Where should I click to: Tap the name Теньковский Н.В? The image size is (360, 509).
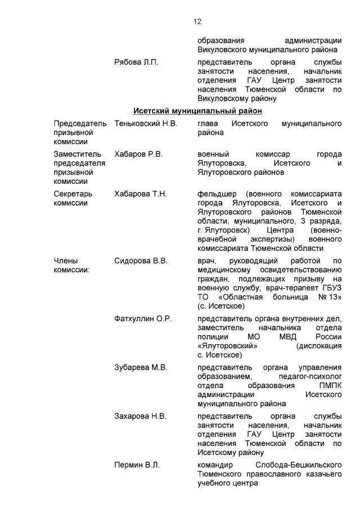click(x=146, y=123)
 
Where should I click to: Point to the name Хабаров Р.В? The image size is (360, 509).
click(x=138, y=154)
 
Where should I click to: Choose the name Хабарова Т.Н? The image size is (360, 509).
click(x=140, y=194)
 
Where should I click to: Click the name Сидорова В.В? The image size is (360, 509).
click(x=141, y=261)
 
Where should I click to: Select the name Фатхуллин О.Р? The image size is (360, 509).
click(x=143, y=319)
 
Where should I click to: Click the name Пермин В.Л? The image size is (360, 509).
click(x=137, y=465)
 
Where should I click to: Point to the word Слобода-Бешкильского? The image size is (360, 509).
click(x=299, y=465)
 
